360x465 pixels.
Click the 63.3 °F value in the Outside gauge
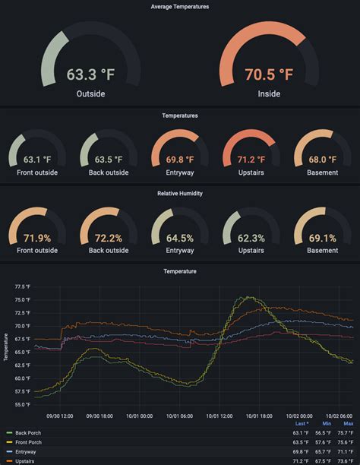[90, 74]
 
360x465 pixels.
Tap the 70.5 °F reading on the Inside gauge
[269, 74]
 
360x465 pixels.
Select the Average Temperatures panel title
[180, 7]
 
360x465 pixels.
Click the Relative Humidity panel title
[180, 193]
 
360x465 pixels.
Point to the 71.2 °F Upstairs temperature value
[251, 160]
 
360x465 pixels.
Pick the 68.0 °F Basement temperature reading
[322, 160]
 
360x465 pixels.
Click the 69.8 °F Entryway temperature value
[180, 160]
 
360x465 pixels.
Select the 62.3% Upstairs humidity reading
[251, 238]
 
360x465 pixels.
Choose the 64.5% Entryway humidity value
[180, 238]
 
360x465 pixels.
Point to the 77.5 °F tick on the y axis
[22, 287]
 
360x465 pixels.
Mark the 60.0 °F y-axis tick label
[22, 378]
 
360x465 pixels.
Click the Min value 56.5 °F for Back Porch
[324, 432]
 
